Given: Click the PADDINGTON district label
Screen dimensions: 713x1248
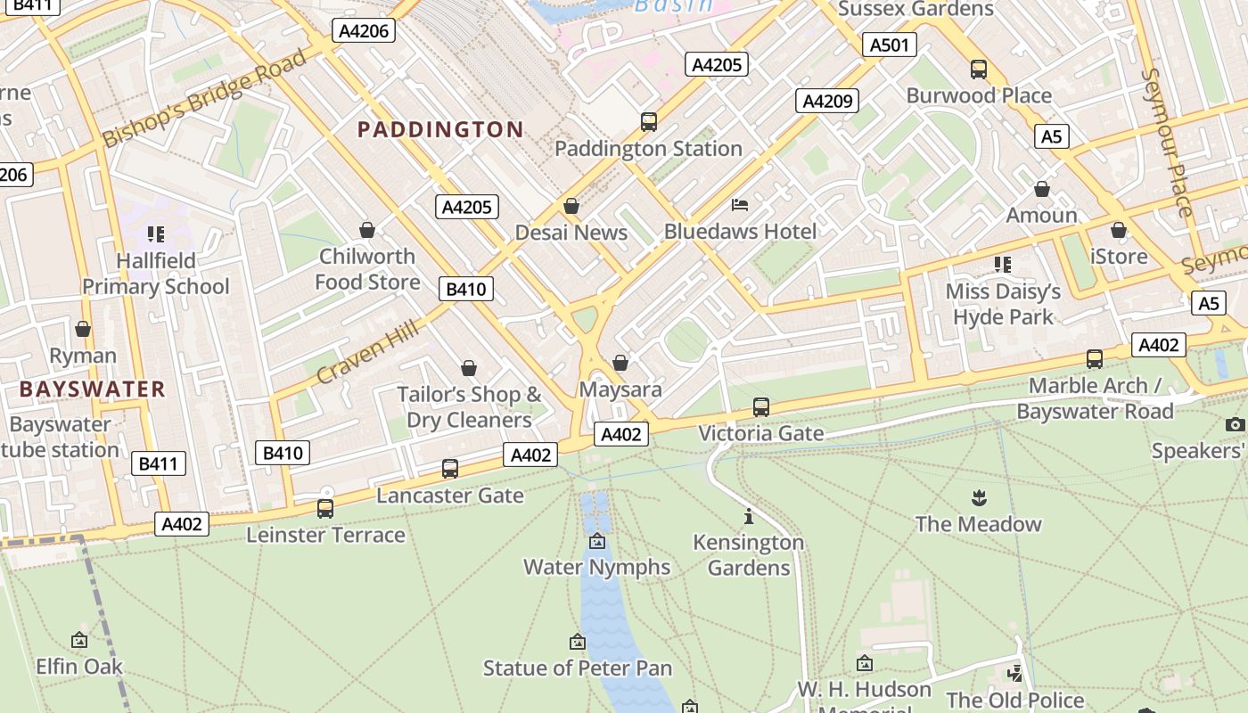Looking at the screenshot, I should pyautogui.click(x=440, y=130).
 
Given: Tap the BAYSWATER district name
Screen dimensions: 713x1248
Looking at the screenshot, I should pyautogui.click(x=93, y=389).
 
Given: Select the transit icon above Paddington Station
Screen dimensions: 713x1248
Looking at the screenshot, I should pyautogui.click(x=649, y=122).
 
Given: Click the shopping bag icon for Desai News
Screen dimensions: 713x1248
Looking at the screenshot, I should pyautogui.click(x=571, y=207).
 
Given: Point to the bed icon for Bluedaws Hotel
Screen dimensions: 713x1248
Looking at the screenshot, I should pyautogui.click(x=740, y=205).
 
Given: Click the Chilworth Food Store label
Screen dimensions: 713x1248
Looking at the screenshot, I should pyautogui.click(x=367, y=269).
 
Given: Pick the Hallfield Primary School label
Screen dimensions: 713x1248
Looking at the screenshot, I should pyautogui.click(x=156, y=274).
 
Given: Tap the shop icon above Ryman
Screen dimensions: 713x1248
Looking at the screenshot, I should pyautogui.click(x=83, y=330).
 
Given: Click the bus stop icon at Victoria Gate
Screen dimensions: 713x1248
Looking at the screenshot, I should pyautogui.click(x=760, y=407).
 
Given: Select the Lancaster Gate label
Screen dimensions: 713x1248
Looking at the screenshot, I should pyautogui.click(x=450, y=496).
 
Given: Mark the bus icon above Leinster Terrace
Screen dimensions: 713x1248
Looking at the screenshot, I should pyautogui.click(x=325, y=509).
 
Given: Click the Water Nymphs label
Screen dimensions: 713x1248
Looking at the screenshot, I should pyautogui.click(x=596, y=567).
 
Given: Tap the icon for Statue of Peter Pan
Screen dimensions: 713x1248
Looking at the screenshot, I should pyautogui.click(x=578, y=642).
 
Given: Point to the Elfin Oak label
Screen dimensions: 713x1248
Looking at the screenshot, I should pyautogui.click(x=79, y=667).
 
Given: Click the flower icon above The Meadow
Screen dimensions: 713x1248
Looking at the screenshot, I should pyautogui.click(x=979, y=497).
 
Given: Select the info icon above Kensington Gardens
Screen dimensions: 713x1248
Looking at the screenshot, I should pyautogui.click(x=749, y=516).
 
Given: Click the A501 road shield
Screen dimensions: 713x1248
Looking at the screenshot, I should pyautogui.click(x=889, y=45).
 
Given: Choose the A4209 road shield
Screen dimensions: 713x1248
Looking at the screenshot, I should pyautogui.click(x=826, y=101).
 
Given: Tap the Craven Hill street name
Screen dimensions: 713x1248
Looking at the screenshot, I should pyautogui.click(x=366, y=354).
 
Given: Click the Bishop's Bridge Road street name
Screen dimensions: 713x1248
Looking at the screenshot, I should pyautogui.click(x=204, y=98).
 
